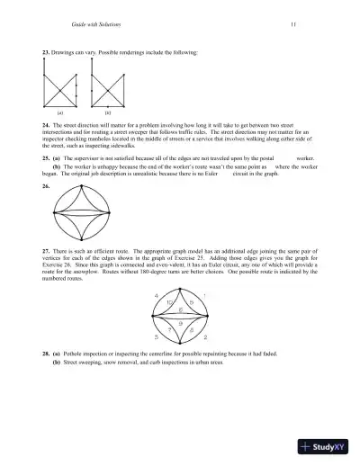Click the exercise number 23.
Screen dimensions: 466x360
click(x=46, y=53)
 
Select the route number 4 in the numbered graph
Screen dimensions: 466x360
click(x=157, y=296)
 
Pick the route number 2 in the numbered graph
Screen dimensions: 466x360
click(x=206, y=337)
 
